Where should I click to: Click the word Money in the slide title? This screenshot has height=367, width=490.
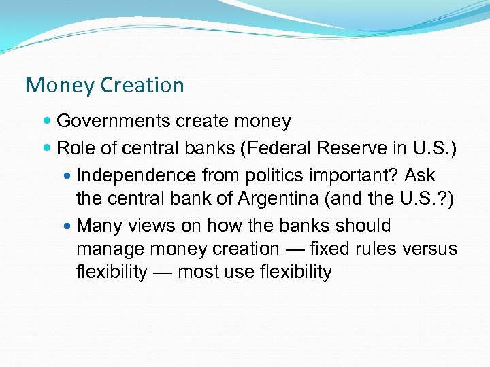click(x=59, y=86)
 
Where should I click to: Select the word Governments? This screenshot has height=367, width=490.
click(x=114, y=122)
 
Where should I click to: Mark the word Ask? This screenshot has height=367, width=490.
click(x=420, y=176)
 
